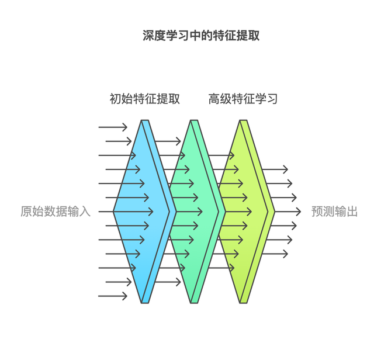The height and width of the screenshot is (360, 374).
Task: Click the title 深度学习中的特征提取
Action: tap(201, 36)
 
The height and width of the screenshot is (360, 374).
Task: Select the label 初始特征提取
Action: tap(145, 99)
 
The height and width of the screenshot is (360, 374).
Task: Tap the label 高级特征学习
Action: tap(243, 99)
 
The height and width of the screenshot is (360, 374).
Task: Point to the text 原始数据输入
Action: tap(56, 212)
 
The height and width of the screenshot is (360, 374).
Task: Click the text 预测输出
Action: tap(334, 212)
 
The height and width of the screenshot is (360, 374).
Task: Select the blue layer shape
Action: tap(137, 212)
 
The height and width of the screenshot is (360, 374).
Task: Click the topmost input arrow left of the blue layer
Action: tap(113, 127)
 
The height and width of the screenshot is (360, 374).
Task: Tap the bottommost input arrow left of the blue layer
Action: tap(113, 296)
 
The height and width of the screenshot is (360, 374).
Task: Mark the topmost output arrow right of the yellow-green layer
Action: tap(275, 169)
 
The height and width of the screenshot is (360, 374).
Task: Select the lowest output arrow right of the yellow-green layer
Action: tap(275, 254)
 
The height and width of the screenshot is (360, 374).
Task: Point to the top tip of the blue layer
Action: tap(145, 121)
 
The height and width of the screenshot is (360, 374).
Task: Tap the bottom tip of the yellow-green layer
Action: tap(244, 302)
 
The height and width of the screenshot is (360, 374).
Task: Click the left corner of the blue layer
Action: tap(114, 212)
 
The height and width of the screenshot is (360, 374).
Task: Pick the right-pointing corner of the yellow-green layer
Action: tap(274, 212)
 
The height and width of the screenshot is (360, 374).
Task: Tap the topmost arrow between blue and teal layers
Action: tap(168, 141)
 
